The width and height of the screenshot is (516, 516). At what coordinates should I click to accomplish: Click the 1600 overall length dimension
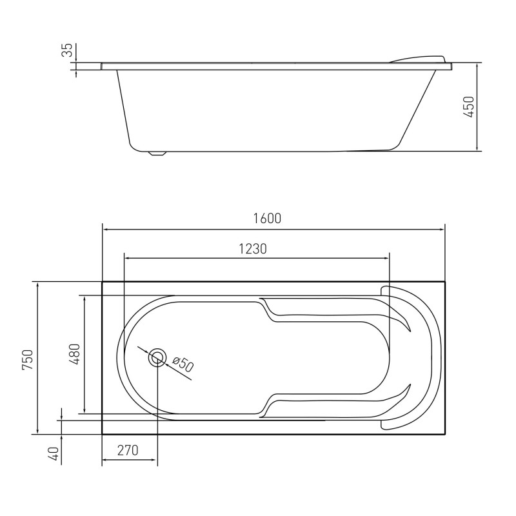[x=267, y=219]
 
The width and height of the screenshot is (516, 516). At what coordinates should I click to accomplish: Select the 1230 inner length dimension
[x=252, y=249]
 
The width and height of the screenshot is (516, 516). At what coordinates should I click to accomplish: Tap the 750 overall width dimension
[x=28, y=359]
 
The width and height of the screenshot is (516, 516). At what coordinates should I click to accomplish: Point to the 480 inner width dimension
[x=75, y=354]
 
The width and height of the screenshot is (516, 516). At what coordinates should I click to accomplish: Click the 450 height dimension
[x=469, y=106]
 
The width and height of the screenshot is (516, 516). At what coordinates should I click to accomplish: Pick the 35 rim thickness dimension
[x=67, y=50]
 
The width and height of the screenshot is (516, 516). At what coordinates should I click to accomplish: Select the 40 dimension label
[x=55, y=454]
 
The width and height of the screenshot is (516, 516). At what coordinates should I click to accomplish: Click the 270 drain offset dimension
[x=128, y=450]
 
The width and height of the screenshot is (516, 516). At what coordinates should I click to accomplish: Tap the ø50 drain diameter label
[x=183, y=364]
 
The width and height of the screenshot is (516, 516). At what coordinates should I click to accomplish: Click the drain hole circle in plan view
[x=157, y=357]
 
